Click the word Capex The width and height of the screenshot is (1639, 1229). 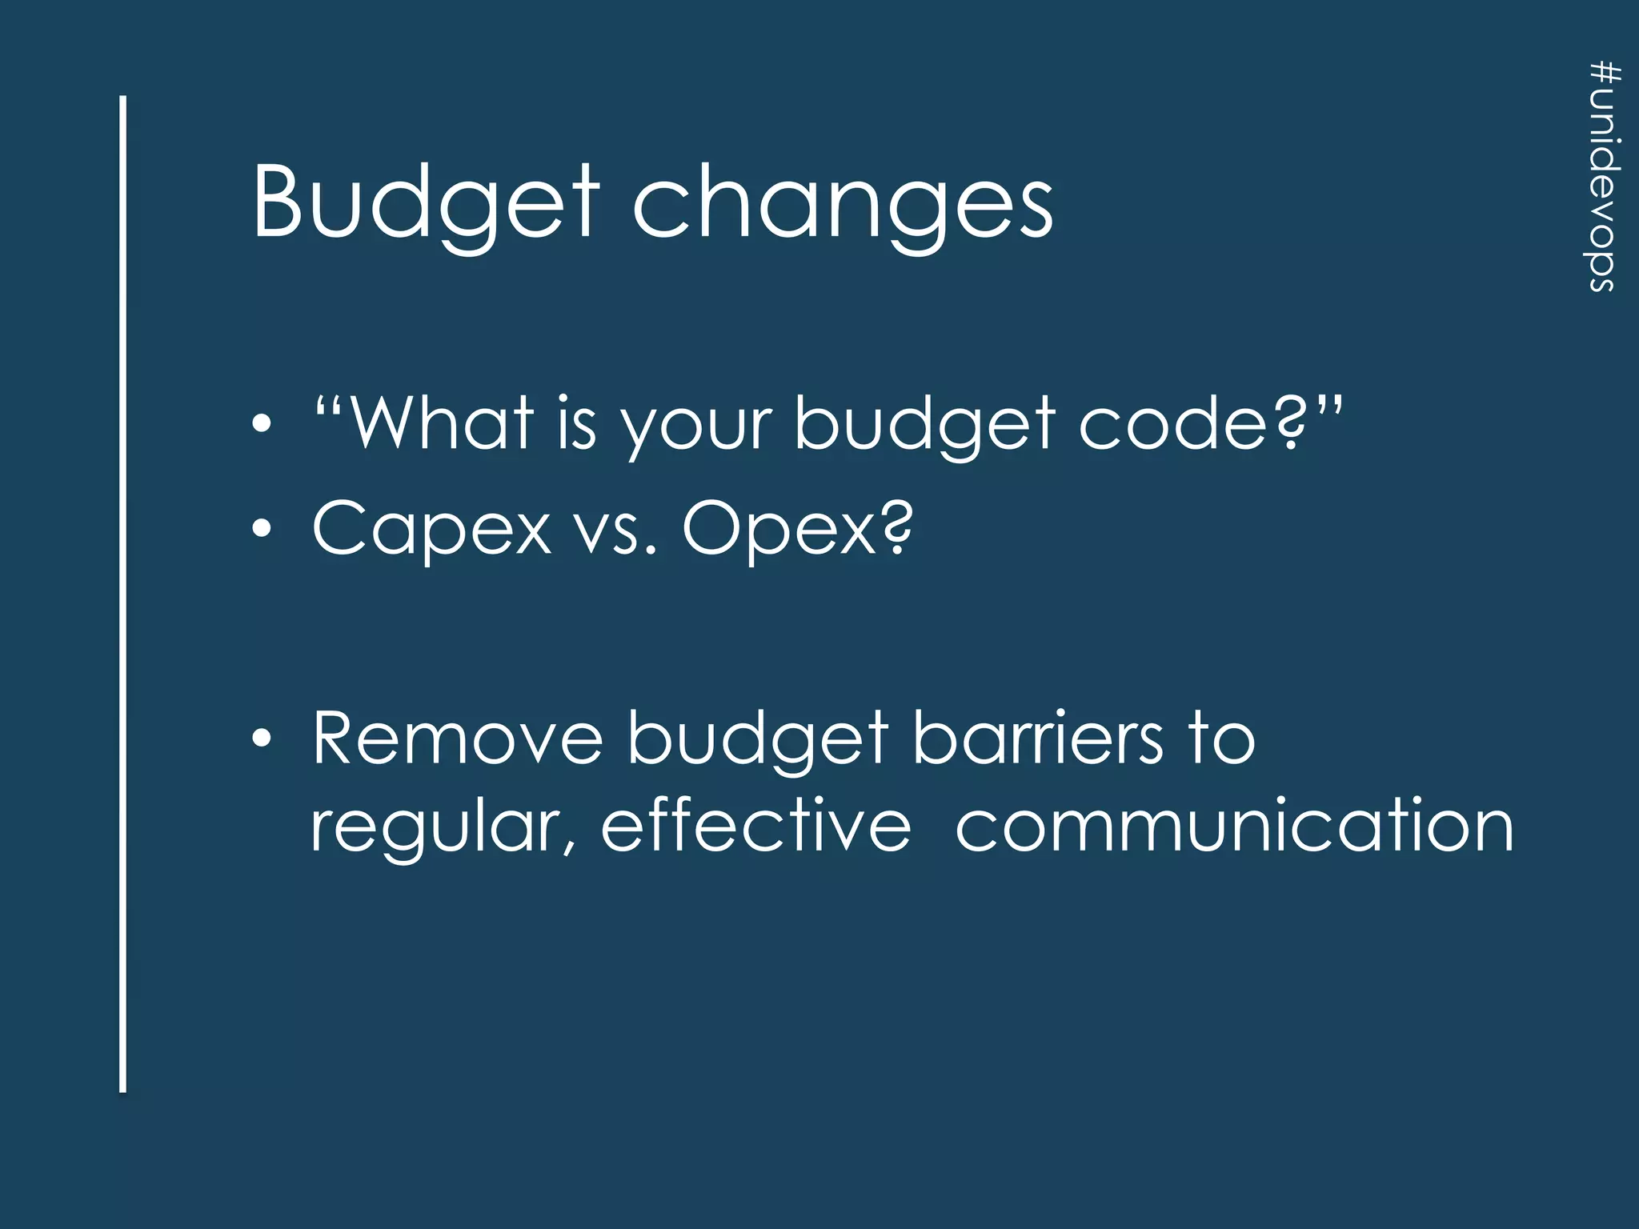click(432, 530)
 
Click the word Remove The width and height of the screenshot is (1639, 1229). click(457, 739)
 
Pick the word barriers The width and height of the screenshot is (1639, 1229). click(1038, 739)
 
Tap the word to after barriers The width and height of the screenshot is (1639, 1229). click(1220, 739)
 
